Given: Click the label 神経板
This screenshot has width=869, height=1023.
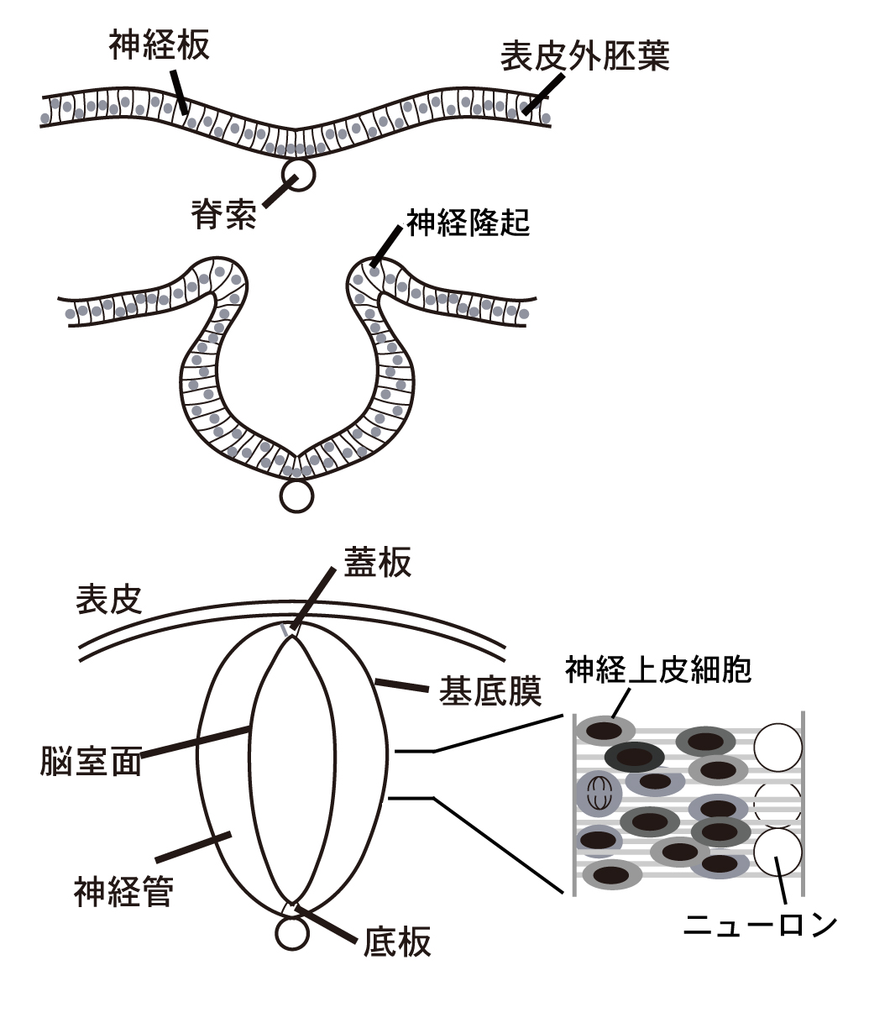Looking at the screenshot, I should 159,46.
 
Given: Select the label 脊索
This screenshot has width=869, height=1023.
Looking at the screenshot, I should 223,216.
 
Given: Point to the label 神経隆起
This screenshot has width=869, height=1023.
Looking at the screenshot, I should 469,223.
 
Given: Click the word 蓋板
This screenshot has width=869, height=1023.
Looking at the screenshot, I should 378,562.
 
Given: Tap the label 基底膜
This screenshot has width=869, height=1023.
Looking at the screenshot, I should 490,692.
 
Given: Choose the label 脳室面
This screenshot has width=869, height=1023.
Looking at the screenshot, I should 91,759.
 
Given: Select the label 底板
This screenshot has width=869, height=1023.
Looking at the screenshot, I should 397,942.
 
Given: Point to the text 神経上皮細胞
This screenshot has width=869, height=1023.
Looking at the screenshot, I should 658,669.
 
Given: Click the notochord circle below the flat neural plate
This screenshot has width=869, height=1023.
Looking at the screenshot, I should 298,175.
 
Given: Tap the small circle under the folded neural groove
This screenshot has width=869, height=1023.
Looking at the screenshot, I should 296,496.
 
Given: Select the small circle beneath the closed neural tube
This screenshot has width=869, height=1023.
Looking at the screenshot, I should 291,933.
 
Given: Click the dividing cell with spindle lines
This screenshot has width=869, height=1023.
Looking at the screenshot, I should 599,792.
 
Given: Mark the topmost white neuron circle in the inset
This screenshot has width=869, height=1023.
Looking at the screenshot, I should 777,747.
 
